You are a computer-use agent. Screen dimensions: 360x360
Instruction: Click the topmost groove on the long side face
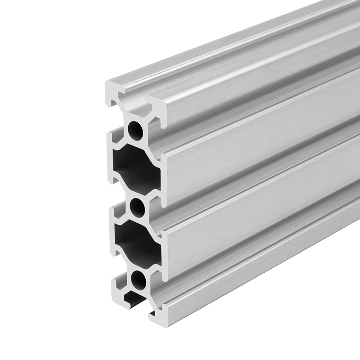click(252, 81)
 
